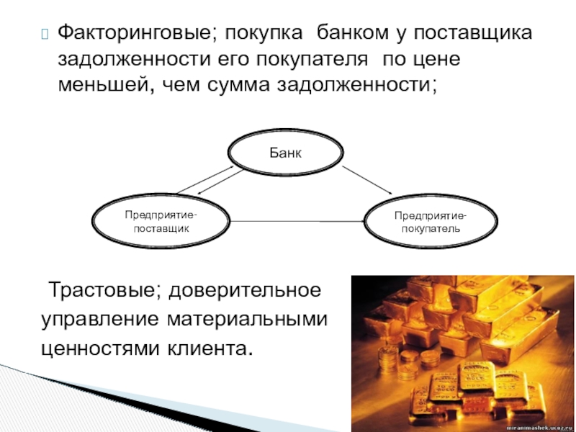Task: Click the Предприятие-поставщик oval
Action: (162, 221)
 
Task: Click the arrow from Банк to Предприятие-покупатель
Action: (367, 180)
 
